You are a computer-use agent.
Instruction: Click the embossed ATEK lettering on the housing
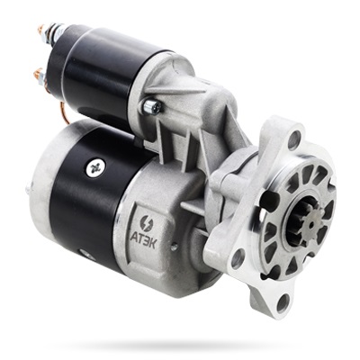143,239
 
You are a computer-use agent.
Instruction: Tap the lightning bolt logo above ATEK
147,223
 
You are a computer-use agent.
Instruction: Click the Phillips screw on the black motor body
95,168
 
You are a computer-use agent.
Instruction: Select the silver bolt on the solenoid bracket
152,106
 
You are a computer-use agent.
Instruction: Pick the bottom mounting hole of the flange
283,303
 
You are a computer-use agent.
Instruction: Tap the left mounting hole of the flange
238,258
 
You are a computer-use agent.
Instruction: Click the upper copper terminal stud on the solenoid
40,30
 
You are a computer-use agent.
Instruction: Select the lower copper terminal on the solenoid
39,74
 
